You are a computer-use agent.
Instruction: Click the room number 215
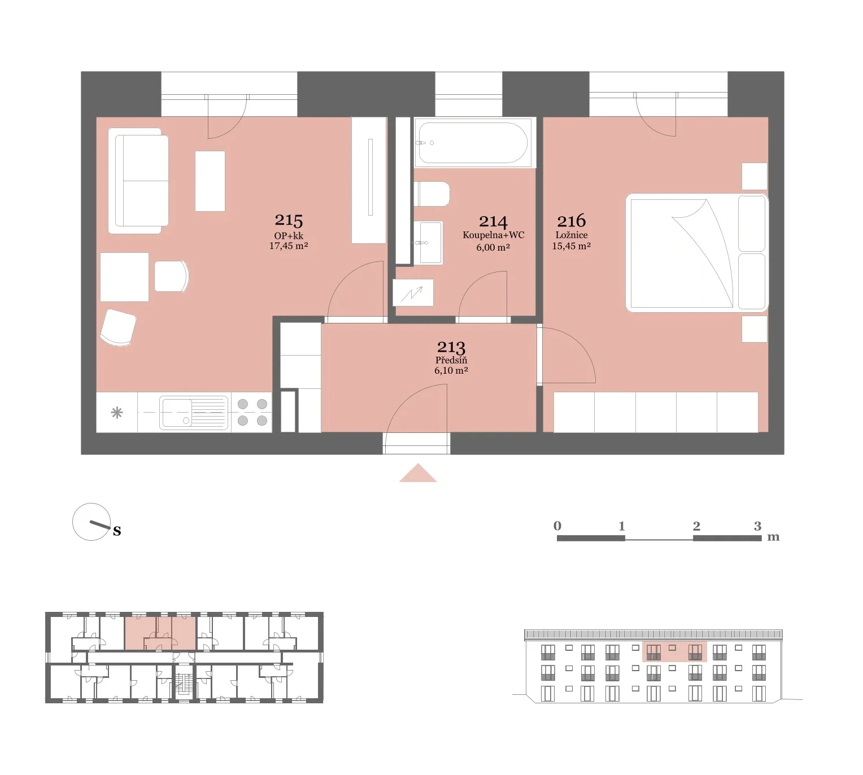pyautogui.click(x=289, y=220)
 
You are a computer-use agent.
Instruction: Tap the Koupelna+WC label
pyautogui.click(x=493, y=235)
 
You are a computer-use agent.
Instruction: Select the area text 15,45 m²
pyautogui.click(x=571, y=246)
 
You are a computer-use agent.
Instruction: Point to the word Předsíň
pyautogui.click(x=451, y=360)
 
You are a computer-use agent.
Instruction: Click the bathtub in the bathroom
pyautogui.click(x=473, y=143)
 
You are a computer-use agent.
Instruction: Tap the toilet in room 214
pyautogui.click(x=431, y=194)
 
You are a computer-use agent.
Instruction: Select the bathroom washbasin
pyautogui.click(x=429, y=243)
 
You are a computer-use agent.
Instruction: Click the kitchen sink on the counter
pyautogui.click(x=194, y=412)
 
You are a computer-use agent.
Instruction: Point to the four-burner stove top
pyautogui.click(x=252, y=412)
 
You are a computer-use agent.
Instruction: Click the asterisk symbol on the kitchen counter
pyautogui.click(x=117, y=413)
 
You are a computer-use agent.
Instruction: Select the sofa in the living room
pyautogui.click(x=138, y=181)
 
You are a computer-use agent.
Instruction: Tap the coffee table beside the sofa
pyautogui.click(x=210, y=181)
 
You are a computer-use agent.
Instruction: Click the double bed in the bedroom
pyautogui.click(x=697, y=253)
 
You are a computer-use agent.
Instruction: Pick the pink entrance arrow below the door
pyautogui.click(x=418, y=473)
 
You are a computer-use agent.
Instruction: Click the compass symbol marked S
pyautogui.click(x=92, y=522)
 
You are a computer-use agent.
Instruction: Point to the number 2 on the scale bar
pyautogui.click(x=696, y=526)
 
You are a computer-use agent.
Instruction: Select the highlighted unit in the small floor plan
pyautogui.click(x=160, y=633)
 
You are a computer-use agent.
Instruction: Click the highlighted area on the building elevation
pyautogui.click(x=674, y=651)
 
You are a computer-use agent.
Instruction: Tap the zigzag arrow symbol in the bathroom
pyautogui.click(x=413, y=293)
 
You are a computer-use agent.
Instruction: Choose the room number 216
pyautogui.click(x=571, y=221)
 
